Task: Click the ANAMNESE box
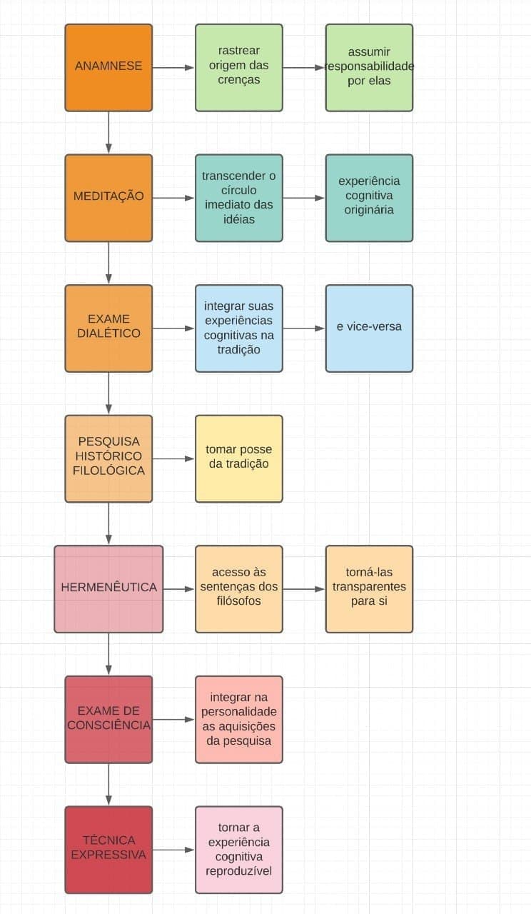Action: [x=108, y=67]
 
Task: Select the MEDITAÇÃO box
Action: [x=108, y=198]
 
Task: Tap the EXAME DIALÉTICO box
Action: [x=108, y=328]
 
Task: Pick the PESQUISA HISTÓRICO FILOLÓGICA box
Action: [x=108, y=458]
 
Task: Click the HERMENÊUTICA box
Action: [x=108, y=589]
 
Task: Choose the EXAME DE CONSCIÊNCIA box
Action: [x=108, y=719]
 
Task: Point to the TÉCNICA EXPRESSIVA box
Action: [x=108, y=850]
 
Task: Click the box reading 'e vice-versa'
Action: [x=369, y=328]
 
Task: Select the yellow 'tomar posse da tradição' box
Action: [x=239, y=458]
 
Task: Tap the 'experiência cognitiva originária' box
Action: [x=369, y=198]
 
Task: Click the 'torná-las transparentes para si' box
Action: [x=369, y=589]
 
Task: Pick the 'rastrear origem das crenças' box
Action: [x=239, y=67]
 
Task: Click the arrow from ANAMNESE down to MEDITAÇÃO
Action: [x=108, y=133]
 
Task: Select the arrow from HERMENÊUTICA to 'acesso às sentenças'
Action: [x=178, y=589]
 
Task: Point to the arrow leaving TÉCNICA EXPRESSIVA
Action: [x=173, y=850]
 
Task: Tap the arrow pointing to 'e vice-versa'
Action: [x=304, y=328]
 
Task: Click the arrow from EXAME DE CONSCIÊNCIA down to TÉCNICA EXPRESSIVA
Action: [x=108, y=785]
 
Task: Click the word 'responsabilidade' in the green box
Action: [x=370, y=66]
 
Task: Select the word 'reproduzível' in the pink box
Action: [x=239, y=871]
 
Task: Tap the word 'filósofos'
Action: [x=239, y=601]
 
